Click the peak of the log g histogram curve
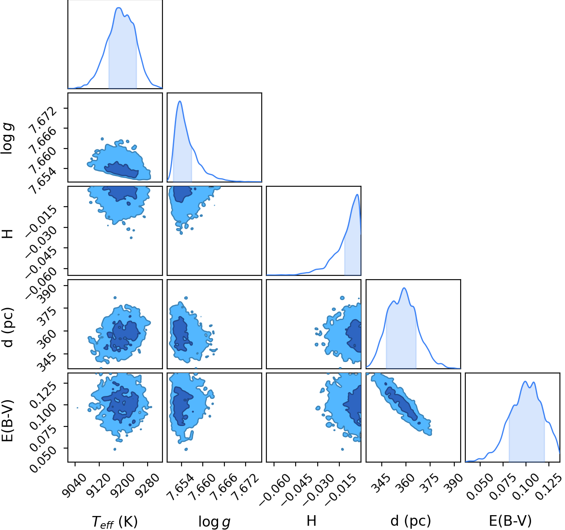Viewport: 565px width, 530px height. click(x=180, y=101)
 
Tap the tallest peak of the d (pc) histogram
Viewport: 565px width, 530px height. click(x=404, y=288)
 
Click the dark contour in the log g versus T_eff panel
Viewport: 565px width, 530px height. click(x=122, y=170)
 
